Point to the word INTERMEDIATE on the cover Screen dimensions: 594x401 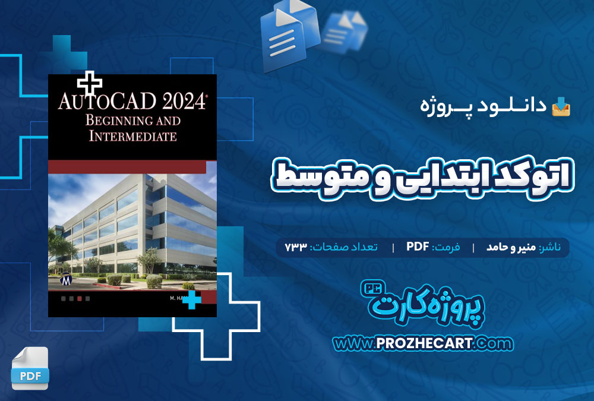click(x=132, y=135)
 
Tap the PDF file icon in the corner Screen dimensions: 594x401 click(x=30, y=368)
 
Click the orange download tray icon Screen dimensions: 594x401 click(x=561, y=106)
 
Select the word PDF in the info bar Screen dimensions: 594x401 click(x=418, y=247)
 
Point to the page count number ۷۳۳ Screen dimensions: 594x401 click(x=295, y=247)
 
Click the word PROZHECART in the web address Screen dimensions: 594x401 click(x=424, y=343)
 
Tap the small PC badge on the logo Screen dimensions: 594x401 click(x=373, y=288)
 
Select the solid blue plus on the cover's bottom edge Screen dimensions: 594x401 click(x=192, y=300)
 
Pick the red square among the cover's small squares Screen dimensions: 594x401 click(x=80, y=299)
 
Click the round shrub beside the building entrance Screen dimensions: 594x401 click(x=154, y=281)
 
